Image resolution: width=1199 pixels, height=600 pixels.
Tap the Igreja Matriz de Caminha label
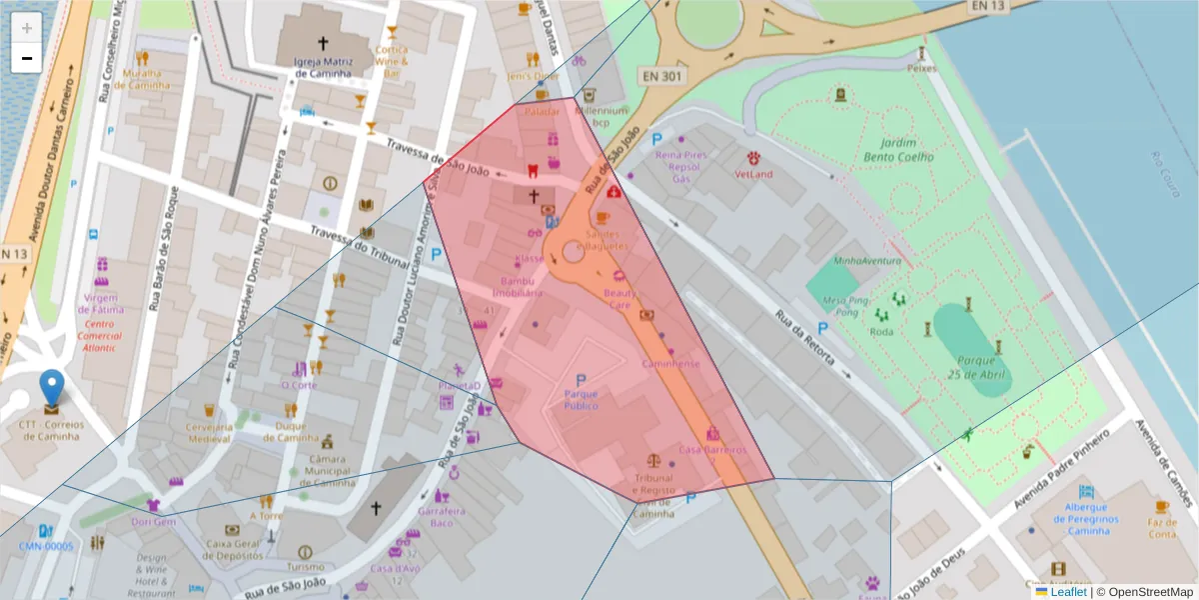(322, 67)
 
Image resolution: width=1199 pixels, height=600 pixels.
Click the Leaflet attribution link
(1068, 592)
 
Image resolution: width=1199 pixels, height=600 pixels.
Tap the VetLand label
(753, 174)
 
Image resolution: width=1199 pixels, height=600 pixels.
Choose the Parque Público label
(581, 400)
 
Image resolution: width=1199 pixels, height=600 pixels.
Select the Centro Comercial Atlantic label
(100, 336)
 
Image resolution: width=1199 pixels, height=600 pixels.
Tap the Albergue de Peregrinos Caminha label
(1085, 524)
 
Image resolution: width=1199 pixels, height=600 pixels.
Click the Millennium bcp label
(600, 117)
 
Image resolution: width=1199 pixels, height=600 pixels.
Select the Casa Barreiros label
(712, 450)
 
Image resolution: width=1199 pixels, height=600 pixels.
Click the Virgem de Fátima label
(101, 304)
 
